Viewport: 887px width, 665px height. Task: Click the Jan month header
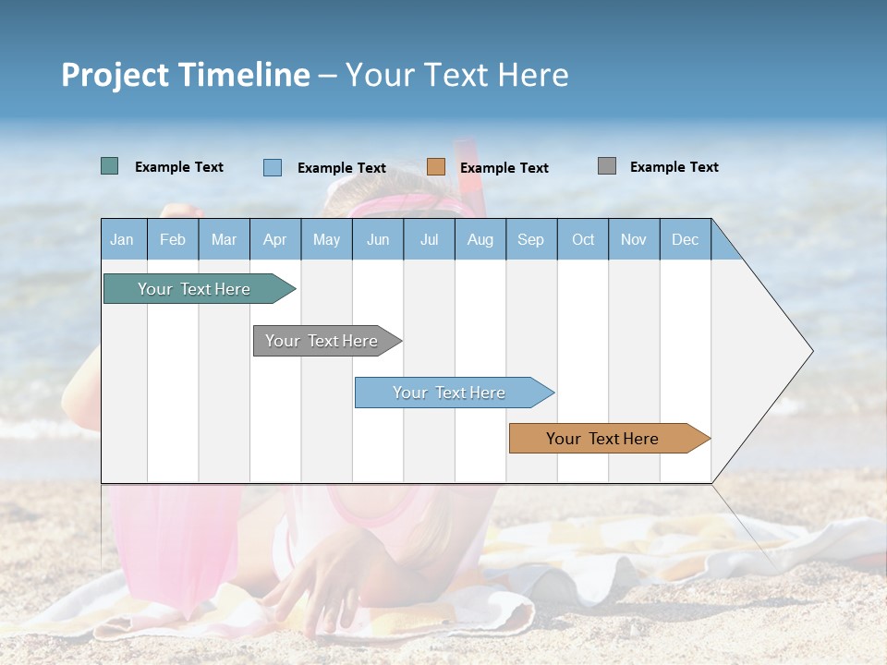(x=123, y=239)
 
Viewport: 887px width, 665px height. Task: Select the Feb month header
(x=173, y=239)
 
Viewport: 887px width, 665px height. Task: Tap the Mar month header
(x=224, y=239)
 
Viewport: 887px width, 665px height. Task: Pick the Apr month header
(x=275, y=239)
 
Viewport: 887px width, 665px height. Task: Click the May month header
(x=326, y=239)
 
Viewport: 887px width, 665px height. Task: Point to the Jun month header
(x=378, y=239)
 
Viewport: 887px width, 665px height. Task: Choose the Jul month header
(x=429, y=239)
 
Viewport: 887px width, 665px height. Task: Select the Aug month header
(x=480, y=239)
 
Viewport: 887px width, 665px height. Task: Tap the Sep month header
(x=531, y=239)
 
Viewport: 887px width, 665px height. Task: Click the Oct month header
(x=583, y=239)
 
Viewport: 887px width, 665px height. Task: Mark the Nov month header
(x=634, y=239)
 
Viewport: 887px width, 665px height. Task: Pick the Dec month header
(x=686, y=239)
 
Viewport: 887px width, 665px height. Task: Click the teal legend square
(x=110, y=166)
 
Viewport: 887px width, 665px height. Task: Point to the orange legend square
(x=436, y=167)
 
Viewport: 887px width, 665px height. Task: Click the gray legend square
(x=607, y=166)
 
